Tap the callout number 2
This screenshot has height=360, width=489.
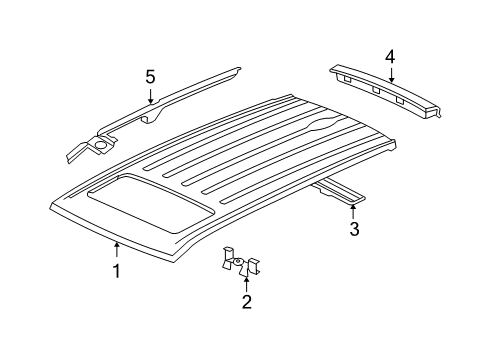pyautogui.click(x=245, y=301)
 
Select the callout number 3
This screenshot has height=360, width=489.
pyautogui.click(x=354, y=231)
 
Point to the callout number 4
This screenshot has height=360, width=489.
pyautogui.click(x=390, y=56)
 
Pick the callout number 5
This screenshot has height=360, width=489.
pyautogui.click(x=151, y=76)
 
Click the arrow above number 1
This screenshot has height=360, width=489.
pyautogui.click(x=116, y=250)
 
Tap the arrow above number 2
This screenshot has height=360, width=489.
pyautogui.click(x=245, y=281)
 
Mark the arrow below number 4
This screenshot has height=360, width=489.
pyautogui.click(x=390, y=74)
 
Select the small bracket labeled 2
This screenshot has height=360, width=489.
pyautogui.click(x=241, y=264)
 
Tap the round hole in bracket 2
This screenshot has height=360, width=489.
pyautogui.click(x=241, y=264)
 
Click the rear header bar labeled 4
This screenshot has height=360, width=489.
pyautogui.click(x=385, y=90)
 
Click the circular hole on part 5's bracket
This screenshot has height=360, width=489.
pyautogui.click(x=101, y=148)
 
